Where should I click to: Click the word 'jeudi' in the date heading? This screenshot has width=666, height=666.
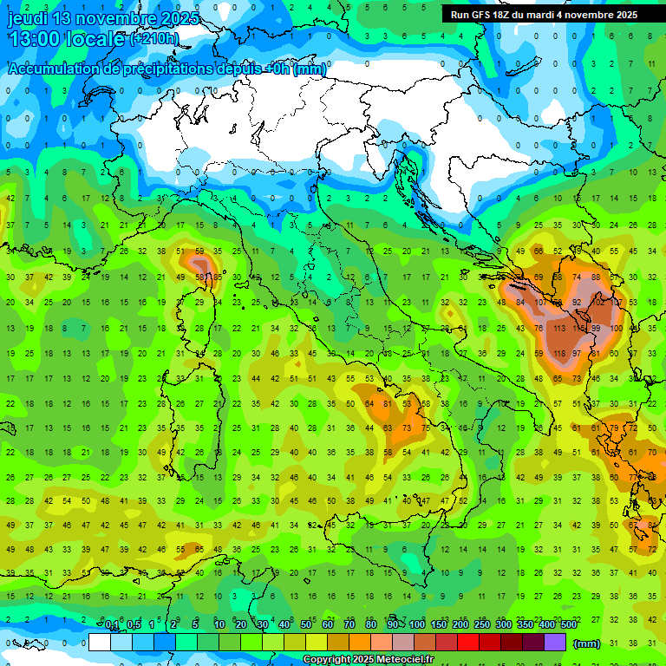[x=27, y=18]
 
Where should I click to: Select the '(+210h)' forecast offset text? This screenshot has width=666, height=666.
[x=154, y=38]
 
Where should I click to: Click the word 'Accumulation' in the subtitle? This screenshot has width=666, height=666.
[x=55, y=70]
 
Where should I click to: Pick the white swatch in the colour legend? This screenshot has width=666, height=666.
[x=100, y=643]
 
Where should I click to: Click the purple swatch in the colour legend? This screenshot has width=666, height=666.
[x=555, y=643]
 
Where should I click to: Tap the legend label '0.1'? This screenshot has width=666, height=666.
[x=112, y=626]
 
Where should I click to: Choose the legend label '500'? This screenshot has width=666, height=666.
[x=568, y=626]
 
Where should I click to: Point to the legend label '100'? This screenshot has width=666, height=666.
[x=417, y=626]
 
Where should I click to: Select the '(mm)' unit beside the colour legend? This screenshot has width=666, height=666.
[x=587, y=643]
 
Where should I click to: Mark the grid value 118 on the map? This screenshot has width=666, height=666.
[x=559, y=354]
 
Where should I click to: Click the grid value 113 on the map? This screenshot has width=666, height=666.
[x=559, y=329]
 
